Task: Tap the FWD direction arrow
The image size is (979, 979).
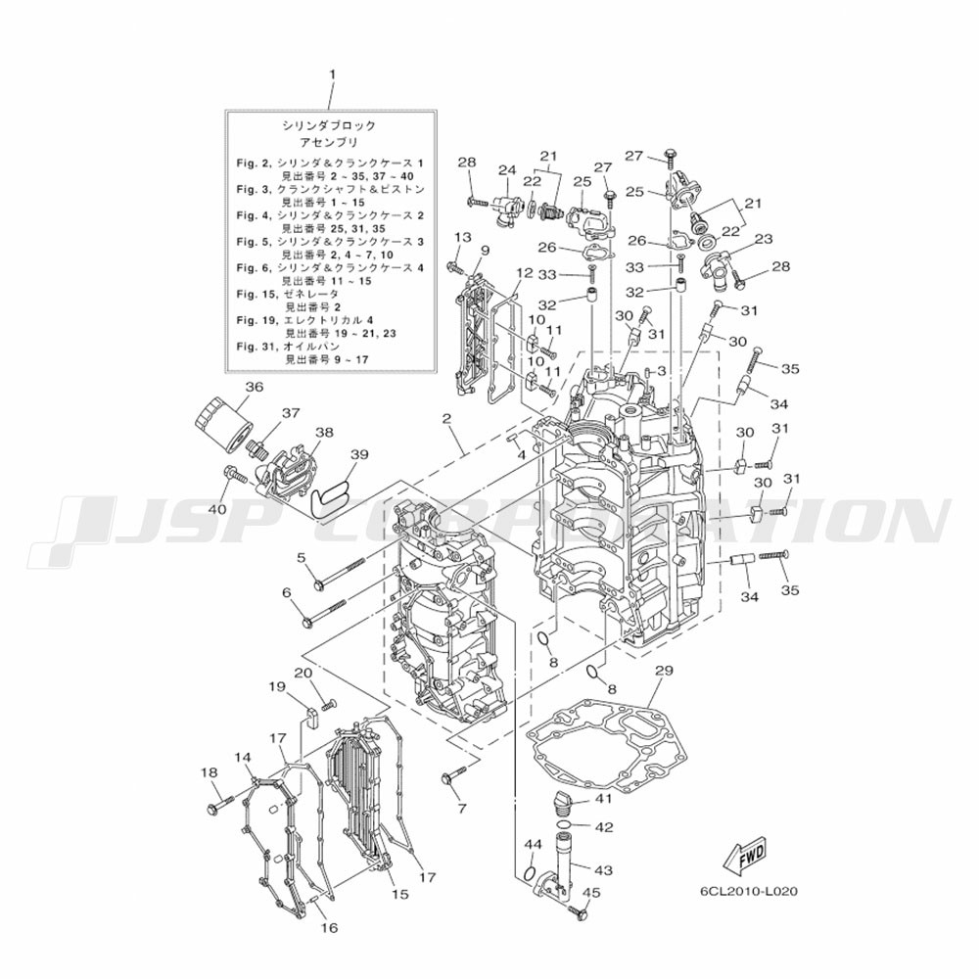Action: [747, 854]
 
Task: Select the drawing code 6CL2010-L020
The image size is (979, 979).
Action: [749, 892]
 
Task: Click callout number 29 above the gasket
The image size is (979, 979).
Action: [664, 671]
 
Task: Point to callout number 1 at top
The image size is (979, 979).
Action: [332, 74]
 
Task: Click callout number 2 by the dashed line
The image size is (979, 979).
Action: [446, 419]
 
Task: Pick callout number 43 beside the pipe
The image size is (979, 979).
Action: [603, 868]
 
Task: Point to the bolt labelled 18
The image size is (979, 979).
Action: [217, 807]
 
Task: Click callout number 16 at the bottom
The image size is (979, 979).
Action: [328, 927]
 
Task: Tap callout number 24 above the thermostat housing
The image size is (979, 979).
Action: [506, 169]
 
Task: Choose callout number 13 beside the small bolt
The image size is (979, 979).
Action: [462, 238]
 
